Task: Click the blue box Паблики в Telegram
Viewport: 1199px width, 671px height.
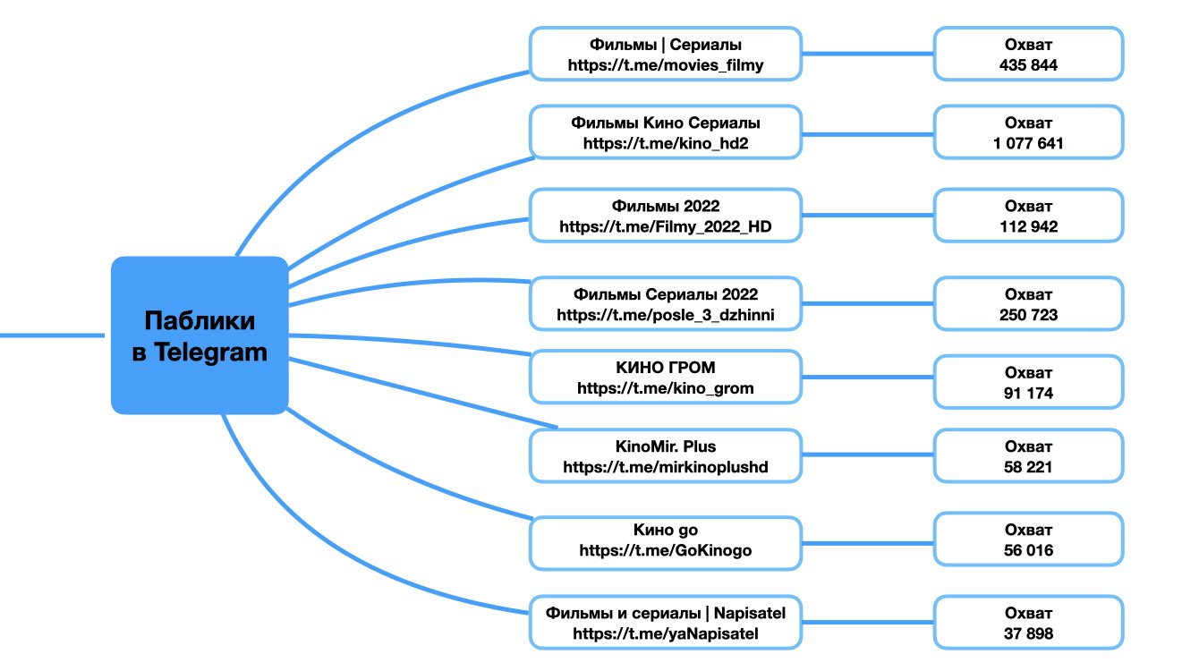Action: click(200, 335)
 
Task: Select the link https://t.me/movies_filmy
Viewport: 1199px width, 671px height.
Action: click(665, 65)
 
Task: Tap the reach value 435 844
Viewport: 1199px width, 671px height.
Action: click(1029, 65)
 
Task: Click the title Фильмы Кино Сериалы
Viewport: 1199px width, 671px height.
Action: click(665, 123)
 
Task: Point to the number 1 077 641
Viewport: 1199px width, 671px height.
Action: click(1029, 143)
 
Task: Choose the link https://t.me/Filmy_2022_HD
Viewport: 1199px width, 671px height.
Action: click(665, 227)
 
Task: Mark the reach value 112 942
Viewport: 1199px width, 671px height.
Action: click(1029, 227)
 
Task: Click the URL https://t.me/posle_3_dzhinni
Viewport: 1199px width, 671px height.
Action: click(665, 315)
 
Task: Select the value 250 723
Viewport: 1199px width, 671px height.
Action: click(1029, 315)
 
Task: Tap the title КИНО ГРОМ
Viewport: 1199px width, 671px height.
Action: click(665, 368)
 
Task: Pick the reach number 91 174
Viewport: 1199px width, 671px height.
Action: click(1029, 393)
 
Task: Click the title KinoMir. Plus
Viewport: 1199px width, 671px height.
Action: click(665, 446)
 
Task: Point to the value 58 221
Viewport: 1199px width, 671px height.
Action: click(1029, 467)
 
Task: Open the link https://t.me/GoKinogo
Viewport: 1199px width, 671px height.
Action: click(665, 550)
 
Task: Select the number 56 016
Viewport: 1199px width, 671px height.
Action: click(1029, 550)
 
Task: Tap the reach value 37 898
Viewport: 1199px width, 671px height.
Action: click(1029, 633)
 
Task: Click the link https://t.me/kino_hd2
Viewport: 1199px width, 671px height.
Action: click(665, 143)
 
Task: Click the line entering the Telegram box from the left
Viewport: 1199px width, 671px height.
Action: click(54, 335)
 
